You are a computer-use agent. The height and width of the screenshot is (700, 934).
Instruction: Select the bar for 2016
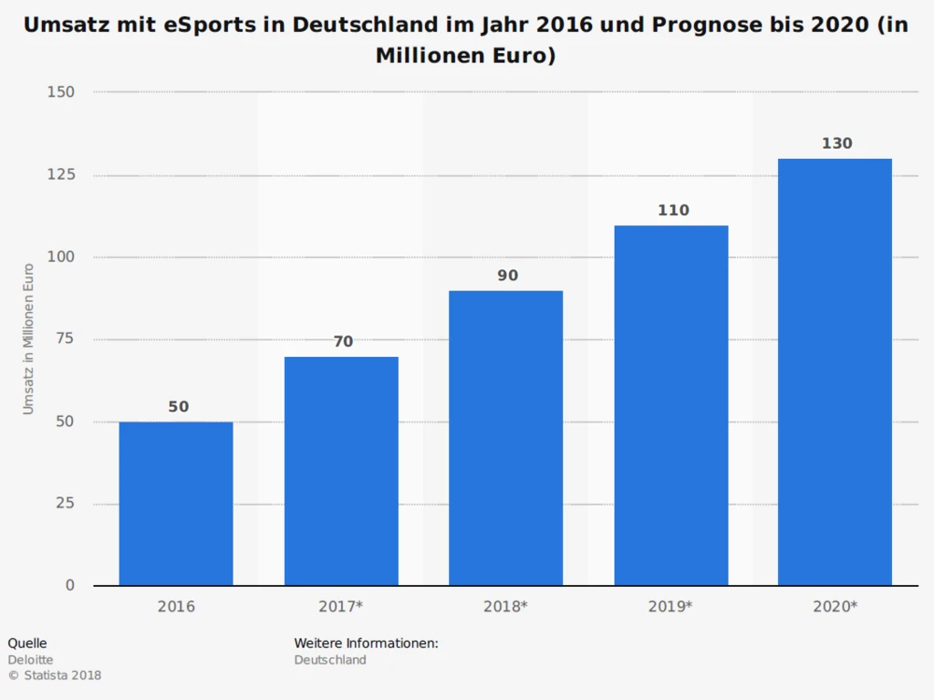coord(176,504)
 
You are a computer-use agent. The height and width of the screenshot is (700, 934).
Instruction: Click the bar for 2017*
coord(341,471)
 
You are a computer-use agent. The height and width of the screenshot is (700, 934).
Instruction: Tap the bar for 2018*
coord(505,438)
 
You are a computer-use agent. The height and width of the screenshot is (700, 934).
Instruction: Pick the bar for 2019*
coord(671,406)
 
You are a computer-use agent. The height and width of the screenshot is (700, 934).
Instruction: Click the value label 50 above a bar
coord(178,407)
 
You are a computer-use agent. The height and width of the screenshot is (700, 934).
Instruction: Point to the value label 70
coord(344,341)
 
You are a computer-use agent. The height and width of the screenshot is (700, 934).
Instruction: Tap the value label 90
coord(507,276)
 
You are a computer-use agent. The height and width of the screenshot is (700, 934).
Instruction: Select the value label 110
coord(672,210)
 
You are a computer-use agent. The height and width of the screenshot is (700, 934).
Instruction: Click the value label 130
coord(837,144)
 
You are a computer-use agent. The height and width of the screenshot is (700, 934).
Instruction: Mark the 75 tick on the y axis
coord(64,339)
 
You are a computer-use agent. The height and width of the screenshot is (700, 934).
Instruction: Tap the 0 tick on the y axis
coord(70,586)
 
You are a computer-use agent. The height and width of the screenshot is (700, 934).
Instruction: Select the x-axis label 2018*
coord(505,607)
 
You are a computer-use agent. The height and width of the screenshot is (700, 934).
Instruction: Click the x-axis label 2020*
coord(835,607)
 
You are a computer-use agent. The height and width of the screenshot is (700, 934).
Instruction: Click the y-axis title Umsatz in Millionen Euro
coord(29,338)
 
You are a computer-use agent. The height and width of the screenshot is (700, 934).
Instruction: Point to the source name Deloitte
coord(30,660)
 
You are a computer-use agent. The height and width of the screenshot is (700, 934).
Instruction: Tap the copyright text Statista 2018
coord(62,676)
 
